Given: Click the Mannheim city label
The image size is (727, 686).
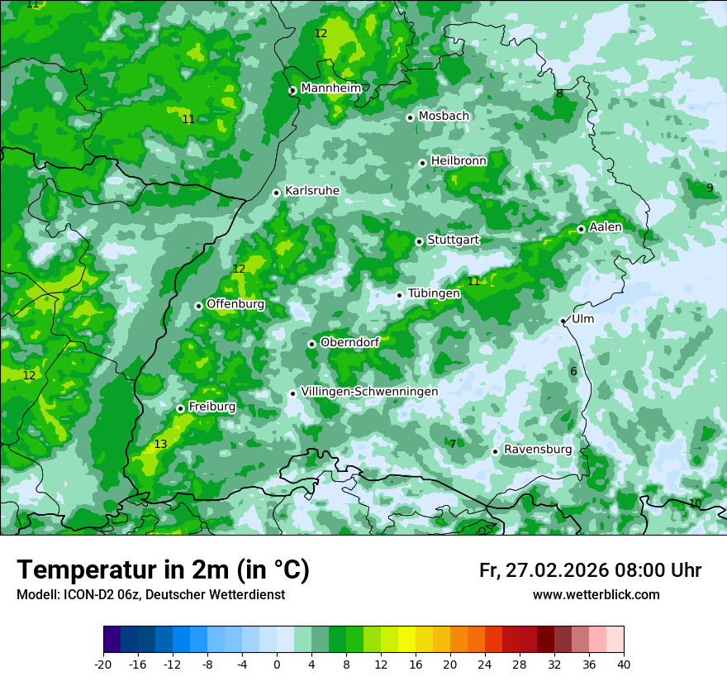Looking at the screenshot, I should tap(330, 88).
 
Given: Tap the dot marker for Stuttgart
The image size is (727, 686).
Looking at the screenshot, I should tap(420, 241).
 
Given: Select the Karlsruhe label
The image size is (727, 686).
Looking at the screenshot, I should tap(312, 191).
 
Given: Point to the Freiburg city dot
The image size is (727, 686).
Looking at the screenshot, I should tap(180, 408).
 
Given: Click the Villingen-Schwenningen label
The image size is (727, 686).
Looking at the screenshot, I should tap(369, 392).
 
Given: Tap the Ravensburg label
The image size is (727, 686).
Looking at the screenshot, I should tap(538, 450).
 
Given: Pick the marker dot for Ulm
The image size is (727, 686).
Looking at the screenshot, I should tap(563, 321).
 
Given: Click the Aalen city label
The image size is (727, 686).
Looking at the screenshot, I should tap(606, 227).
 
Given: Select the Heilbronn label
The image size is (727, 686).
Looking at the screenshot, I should tap(459, 161).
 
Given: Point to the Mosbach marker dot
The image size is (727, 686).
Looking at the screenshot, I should tap(410, 117).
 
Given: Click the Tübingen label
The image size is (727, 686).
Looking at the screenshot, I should tap(434, 293).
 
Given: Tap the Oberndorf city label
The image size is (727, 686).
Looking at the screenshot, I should tap(350, 342).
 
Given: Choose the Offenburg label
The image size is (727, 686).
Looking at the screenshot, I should tap(235, 304).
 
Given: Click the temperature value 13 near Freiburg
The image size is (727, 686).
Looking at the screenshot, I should tap(160, 445).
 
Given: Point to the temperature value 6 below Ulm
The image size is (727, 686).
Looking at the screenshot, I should tap(573, 372).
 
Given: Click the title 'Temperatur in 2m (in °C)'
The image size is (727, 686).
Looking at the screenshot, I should tap(163, 570).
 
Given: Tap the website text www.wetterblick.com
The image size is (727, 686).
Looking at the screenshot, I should tap(596, 595).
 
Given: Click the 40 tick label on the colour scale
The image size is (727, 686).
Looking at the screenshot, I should tap(624, 664).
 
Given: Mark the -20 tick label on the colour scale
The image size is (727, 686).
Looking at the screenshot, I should tap(103, 664).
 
